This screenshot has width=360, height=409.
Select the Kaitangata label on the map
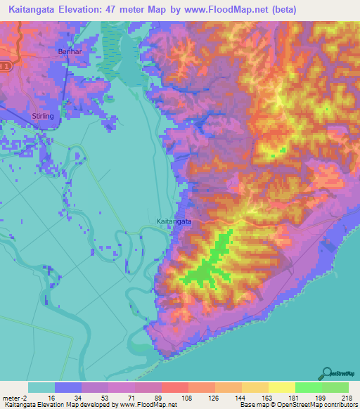174,221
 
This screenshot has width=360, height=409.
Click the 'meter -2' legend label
15,397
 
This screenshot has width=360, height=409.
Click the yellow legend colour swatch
281,387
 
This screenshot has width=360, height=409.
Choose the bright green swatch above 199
308,387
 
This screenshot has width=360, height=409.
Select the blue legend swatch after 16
68,387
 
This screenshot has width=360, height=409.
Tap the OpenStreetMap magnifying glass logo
326,374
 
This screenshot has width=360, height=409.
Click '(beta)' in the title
279,10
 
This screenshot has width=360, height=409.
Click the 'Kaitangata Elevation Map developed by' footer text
49,405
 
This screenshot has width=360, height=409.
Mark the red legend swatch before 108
175,387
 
